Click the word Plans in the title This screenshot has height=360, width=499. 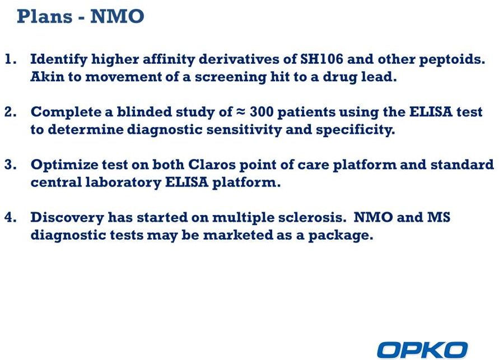coord(45,17)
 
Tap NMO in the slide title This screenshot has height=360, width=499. coord(117,17)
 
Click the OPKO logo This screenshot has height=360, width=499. coord(422,350)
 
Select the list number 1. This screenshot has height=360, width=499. coord(11,59)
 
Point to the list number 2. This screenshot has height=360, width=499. coord(11,113)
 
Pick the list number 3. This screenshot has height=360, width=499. coord(11,165)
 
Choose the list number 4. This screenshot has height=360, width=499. coord(11,218)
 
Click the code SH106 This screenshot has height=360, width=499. coord(321,59)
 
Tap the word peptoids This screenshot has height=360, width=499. coord(452,60)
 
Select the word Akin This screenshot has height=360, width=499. coord(48,77)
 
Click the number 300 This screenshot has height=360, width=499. coord(261,113)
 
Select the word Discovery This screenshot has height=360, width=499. coord(67,218)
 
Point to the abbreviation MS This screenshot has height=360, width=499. coord(439,218)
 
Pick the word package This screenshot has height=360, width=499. coord(341,236)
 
